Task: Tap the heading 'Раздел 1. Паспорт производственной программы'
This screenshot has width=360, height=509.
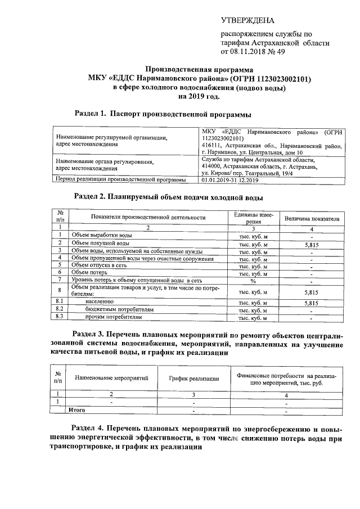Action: (163, 114)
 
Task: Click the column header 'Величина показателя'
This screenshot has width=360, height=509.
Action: (312, 218)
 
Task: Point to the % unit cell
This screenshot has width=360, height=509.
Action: (253, 280)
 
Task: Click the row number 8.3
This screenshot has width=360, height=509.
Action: (59, 317)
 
